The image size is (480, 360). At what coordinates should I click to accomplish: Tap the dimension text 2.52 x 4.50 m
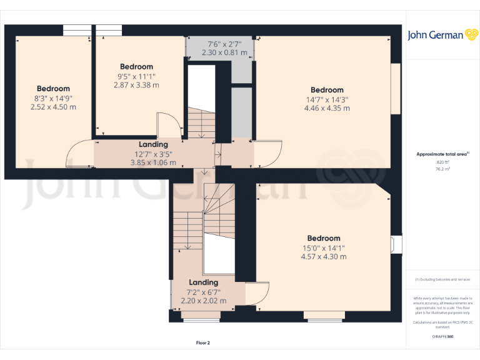53,107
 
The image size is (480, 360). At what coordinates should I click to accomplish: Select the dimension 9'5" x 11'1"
136,76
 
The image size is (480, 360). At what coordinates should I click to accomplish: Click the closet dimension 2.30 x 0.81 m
224,53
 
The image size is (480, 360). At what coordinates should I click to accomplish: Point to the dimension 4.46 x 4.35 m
327,108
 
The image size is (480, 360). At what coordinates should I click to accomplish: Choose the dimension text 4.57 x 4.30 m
324,256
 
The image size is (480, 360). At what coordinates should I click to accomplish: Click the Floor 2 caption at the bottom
203,342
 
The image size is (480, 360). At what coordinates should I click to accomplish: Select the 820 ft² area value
442,162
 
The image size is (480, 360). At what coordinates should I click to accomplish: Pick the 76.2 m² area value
442,169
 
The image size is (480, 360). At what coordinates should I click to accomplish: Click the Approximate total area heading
442,154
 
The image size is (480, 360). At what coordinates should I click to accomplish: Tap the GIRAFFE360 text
442,337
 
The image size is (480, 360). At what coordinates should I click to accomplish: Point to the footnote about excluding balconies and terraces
442,279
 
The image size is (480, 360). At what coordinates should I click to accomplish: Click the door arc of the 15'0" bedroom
257,296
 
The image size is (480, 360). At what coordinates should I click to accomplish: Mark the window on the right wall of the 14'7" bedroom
395,89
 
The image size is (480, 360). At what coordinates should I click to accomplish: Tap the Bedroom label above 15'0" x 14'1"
324,238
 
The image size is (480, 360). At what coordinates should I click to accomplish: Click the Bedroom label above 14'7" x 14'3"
327,90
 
